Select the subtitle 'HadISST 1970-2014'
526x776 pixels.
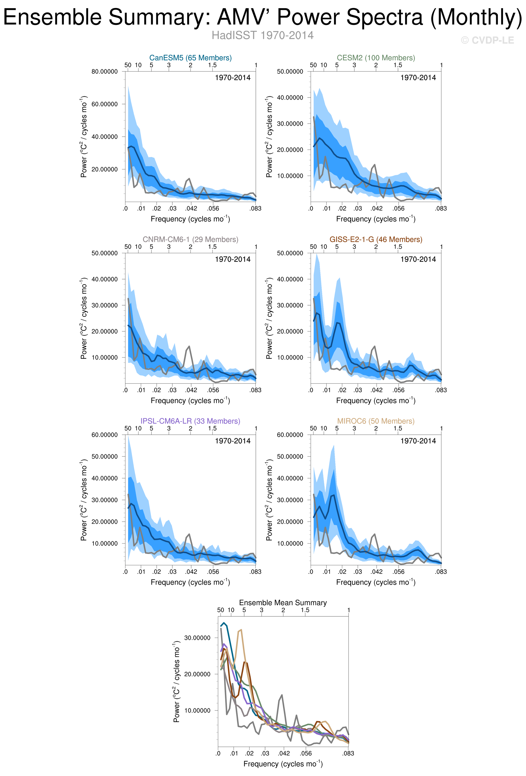click(262, 35)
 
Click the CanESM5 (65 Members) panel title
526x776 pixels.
click(190, 58)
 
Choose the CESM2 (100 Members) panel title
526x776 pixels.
click(376, 58)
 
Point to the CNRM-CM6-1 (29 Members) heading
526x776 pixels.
click(190, 239)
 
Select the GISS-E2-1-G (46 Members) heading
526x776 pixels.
click(376, 239)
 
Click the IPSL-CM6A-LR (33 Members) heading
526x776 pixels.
click(190, 421)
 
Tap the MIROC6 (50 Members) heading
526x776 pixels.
click(376, 421)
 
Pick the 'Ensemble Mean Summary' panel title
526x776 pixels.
click(283, 603)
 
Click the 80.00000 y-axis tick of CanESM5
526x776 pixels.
click(105, 71)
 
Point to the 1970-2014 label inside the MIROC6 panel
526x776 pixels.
click(418, 441)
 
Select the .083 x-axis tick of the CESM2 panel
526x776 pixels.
click(441, 208)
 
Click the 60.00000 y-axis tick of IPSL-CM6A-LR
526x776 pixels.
click(105, 435)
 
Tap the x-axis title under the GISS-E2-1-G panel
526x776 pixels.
click(376, 400)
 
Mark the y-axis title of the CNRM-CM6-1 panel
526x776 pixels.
click(84, 318)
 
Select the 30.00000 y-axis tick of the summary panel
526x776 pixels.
click(197, 638)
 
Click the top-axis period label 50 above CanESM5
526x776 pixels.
click(128, 65)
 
